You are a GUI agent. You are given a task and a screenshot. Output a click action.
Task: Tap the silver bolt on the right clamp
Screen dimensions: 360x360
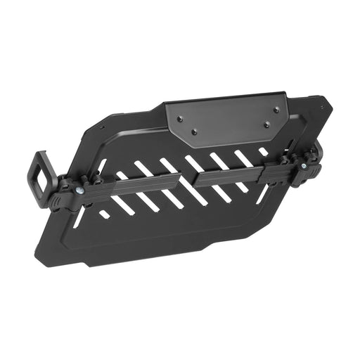[x=304, y=166]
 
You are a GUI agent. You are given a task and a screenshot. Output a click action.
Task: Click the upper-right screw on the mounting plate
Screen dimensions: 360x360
[x=276, y=110]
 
